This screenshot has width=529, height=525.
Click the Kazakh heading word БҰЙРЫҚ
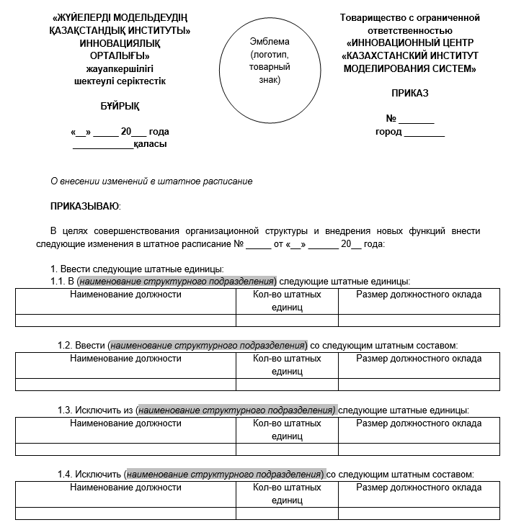click(120, 107)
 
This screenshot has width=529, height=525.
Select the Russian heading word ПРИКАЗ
click(409, 94)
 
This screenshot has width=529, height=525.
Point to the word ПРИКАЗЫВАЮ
click(85, 207)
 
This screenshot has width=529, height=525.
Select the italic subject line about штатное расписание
click(151, 181)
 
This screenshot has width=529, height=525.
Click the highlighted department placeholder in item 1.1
click(177, 281)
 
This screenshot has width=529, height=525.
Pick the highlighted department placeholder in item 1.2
click(208, 346)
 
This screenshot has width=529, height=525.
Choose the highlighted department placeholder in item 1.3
click(236, 410)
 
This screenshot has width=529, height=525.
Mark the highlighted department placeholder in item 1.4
click(225, 475)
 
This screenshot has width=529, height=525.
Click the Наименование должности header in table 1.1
click(125, 295)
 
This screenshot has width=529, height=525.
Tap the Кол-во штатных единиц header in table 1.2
click(287, 364)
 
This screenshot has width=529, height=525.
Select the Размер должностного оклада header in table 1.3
click(419, 423)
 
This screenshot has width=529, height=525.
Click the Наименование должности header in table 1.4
click(125, 488)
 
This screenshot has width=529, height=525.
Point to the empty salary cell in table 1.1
click(419, 320)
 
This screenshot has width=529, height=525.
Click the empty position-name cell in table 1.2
click(125, 385)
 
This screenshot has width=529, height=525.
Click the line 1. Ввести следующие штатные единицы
click(136, 269)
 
